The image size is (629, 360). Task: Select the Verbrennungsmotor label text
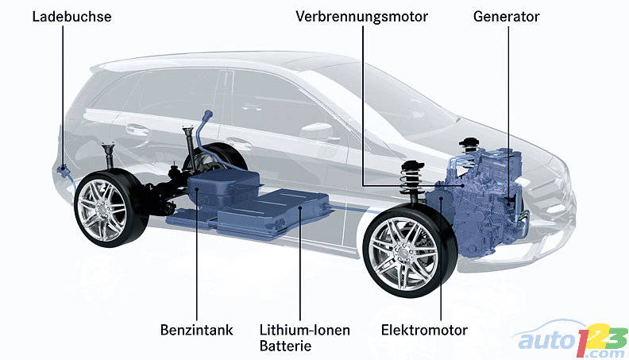click(x=362, y=15)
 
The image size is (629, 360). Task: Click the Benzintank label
click(x=196, y=330)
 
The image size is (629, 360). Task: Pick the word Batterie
click(x=285, y=346)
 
